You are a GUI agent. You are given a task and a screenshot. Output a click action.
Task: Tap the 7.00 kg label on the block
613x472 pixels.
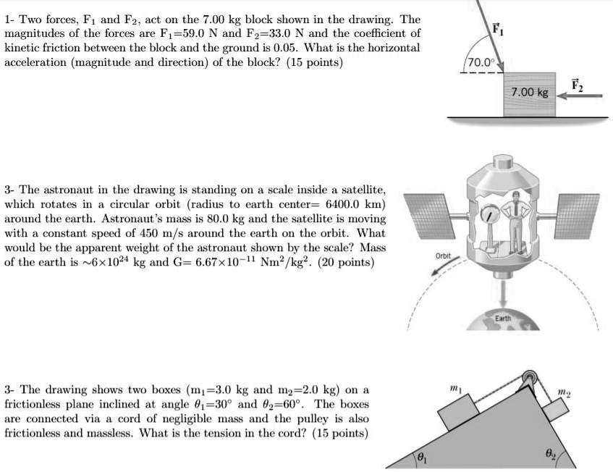(x=530, y=93)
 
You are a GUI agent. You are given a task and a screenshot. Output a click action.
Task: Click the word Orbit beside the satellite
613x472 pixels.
(x=443, y=256)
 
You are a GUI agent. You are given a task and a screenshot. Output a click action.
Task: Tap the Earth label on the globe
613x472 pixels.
(x=503, y=318)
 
